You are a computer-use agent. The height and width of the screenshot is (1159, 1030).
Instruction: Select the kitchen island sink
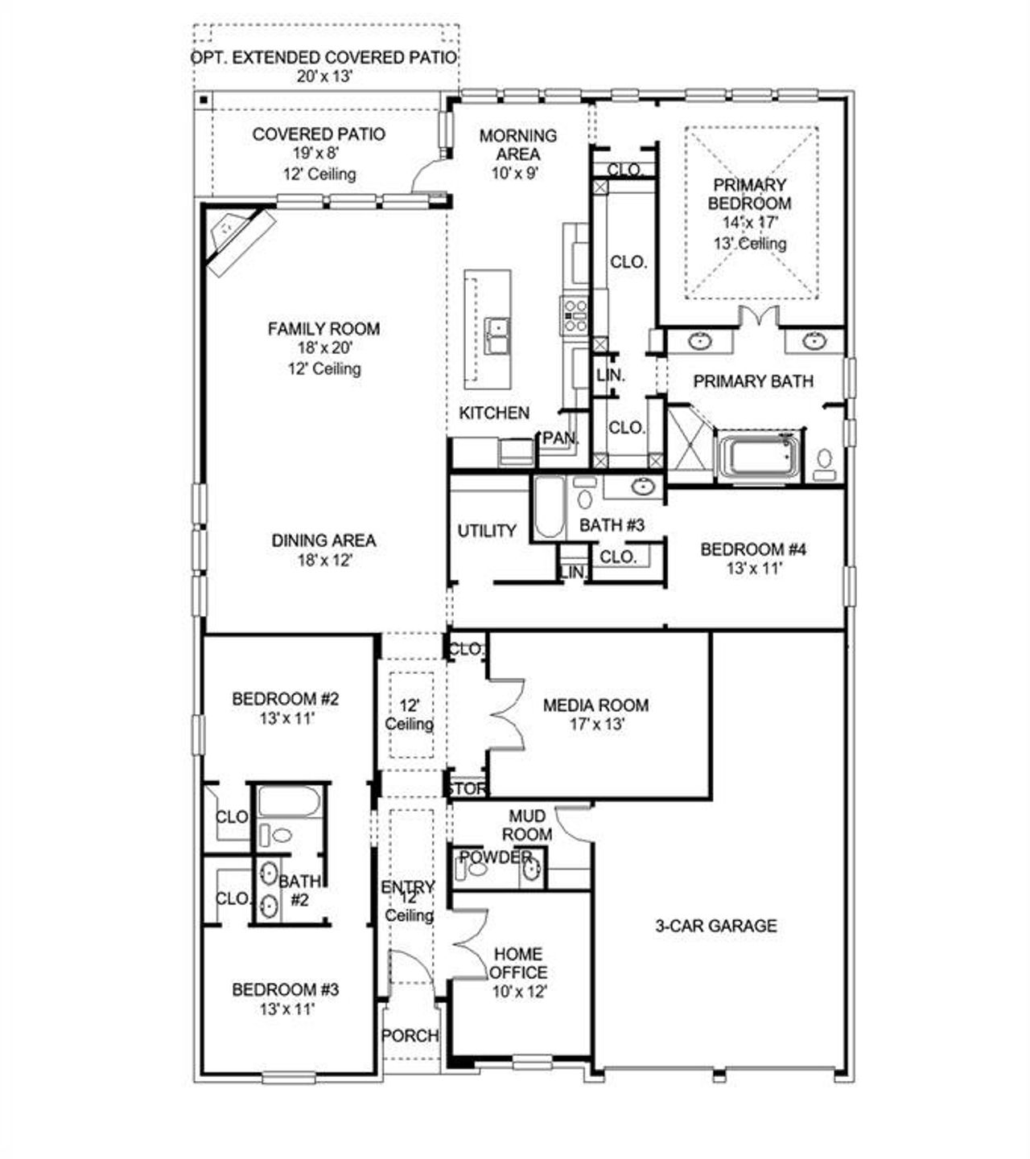coord(497,335)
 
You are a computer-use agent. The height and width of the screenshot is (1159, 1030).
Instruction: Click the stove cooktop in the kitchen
coord(575,315)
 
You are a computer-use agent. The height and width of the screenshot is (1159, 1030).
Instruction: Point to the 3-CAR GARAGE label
coord(715,926)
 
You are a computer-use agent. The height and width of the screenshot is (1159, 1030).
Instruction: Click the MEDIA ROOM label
coord(595,705)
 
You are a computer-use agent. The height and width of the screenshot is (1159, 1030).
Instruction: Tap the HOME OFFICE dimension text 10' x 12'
coord(519,992)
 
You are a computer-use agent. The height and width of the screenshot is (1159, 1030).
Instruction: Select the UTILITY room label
coord(487,531)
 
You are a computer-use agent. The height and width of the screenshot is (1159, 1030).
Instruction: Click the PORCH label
coord(410,1035)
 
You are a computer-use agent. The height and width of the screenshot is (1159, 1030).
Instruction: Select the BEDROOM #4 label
coord(753,549)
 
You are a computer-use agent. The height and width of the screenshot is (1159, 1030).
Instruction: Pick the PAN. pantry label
coord(561,438)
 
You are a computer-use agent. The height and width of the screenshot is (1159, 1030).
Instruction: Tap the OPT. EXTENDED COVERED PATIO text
coord(324,58)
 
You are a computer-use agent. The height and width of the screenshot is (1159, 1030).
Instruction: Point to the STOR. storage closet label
coord(467,789)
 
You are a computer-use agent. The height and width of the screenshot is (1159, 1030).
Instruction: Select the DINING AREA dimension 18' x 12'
coord(324,561)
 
